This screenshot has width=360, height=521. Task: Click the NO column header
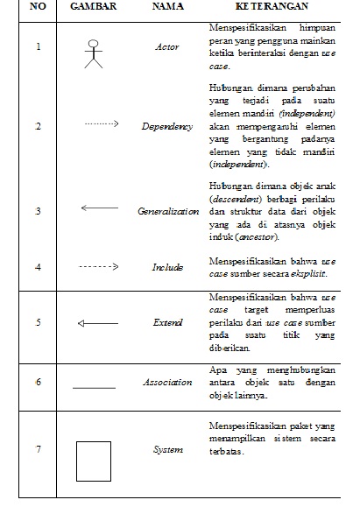[x=38, y=8]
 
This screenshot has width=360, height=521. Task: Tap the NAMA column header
[x=168, y=8]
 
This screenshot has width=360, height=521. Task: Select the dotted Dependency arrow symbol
[x=101, y=125]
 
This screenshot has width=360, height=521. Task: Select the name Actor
[x=167, y=48]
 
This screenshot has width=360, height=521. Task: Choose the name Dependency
[x=167, y=127]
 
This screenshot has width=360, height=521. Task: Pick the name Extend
[x=167, y=323]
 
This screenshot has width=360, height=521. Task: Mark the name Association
[x=167, y=383]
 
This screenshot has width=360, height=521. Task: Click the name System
[x=167, y=450]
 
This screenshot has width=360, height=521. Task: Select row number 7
[x=38, y=450]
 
